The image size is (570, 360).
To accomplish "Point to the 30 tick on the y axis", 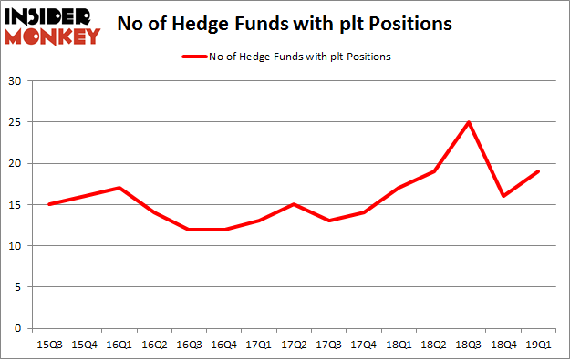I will pyautogui.click(x=16, y=81).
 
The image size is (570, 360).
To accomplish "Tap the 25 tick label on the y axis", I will pyautogui.click(x=16, y=122).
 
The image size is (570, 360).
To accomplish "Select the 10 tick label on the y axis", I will pyautogui.click(x=16, y=246).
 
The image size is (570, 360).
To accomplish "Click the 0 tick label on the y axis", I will pyautogui.click(x=19, y=328).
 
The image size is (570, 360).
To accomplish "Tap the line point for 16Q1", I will pyautogui.click(x=119, y=188).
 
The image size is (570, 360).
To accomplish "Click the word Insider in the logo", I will pyautogui.click(x=51, y=17).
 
